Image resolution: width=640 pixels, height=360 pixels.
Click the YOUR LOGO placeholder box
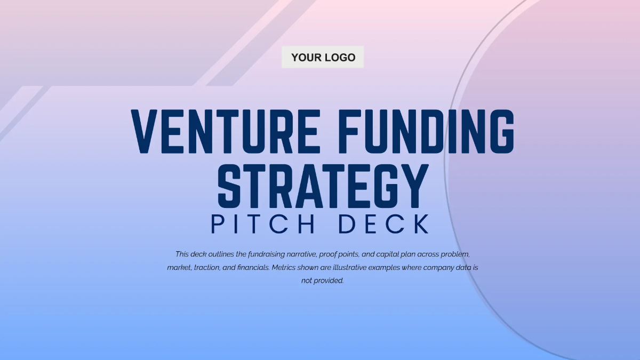point(323,57)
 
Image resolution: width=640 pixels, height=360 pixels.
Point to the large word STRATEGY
point(323,186)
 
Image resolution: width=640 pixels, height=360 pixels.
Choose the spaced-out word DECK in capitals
point(385,224)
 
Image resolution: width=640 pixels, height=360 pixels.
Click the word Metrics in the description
point(284,267)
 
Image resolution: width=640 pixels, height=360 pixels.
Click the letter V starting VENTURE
point(144,131)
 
